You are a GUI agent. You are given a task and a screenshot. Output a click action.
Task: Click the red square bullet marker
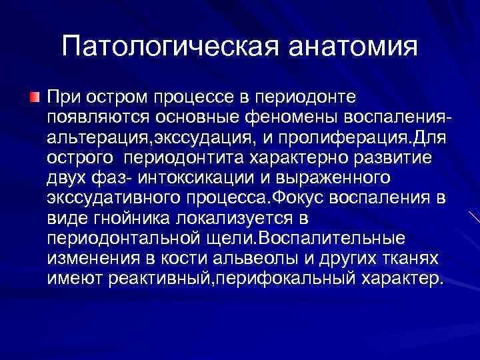34,97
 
